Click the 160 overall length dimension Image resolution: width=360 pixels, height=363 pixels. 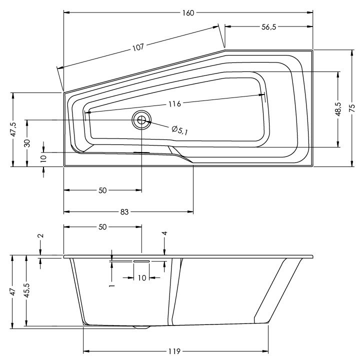point(188,12)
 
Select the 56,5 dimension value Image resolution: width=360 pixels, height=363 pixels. point(269,27)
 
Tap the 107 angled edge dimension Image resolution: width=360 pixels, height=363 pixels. point(138,47)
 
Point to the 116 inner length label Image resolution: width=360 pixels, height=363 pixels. point(174,103)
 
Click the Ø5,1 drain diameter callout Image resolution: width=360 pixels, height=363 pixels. point(179,130)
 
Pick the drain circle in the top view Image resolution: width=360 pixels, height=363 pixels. point(141,120)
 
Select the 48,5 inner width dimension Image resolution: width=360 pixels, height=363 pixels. point(338,109)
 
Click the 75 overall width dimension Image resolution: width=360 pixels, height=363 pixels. point(352,108)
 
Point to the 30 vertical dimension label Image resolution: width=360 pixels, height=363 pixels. point(27,143)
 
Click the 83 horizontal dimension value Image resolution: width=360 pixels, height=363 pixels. point(124,211)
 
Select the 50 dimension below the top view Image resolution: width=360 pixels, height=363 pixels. point(102,190)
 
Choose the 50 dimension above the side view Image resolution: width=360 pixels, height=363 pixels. point(102,227)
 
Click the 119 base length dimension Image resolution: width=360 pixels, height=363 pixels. point(174,351)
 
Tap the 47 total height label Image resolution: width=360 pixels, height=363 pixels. point(13,291)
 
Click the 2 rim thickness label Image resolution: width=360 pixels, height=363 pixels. point(40,235)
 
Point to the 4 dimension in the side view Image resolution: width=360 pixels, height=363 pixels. point(164,233)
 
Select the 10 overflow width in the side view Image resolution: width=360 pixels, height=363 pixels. point(142,277)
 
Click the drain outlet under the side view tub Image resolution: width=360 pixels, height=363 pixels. point(141,327)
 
